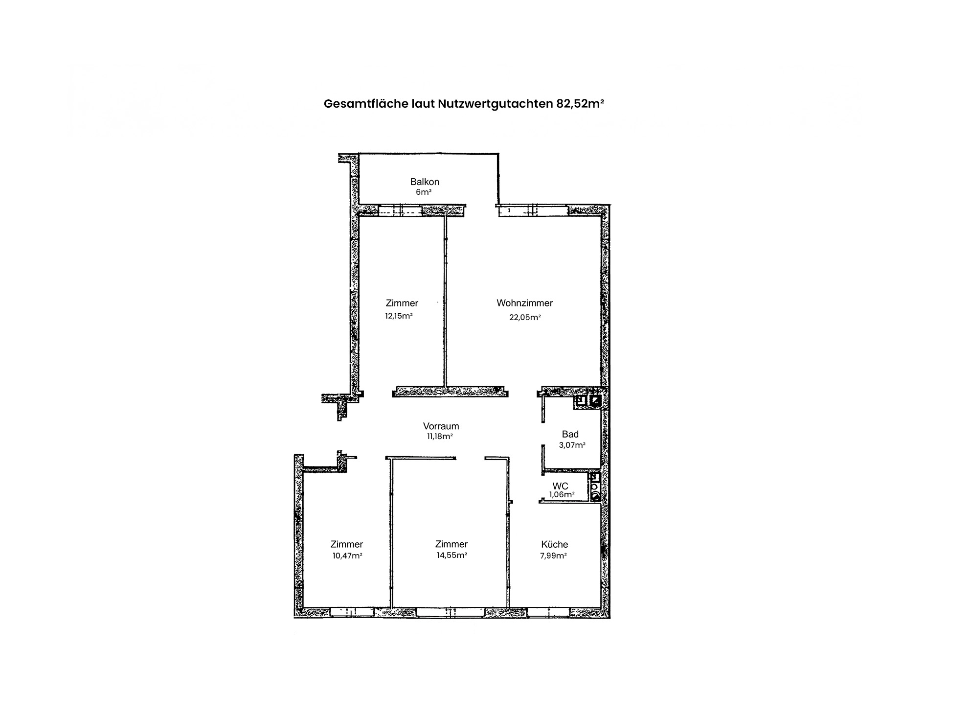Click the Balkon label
pos(425,182)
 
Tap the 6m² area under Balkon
pos(424,192)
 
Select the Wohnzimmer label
pos(524,303)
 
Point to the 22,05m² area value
pos(525,317)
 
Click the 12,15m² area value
pos(399,316)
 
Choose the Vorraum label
pos(441,426)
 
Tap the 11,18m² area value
pos(439,437)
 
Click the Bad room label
pos(570,434)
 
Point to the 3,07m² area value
pos(572,445)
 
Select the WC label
pos(561,486)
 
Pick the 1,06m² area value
pos(562,495)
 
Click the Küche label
pos(555,544)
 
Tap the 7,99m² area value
pos(553,556)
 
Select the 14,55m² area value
pos(452,556)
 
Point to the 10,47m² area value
pos(347,556)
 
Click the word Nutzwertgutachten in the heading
pos(495,104)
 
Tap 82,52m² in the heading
pos(580,104)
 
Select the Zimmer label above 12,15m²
pos(402,303)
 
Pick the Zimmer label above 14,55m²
pos(452,544)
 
